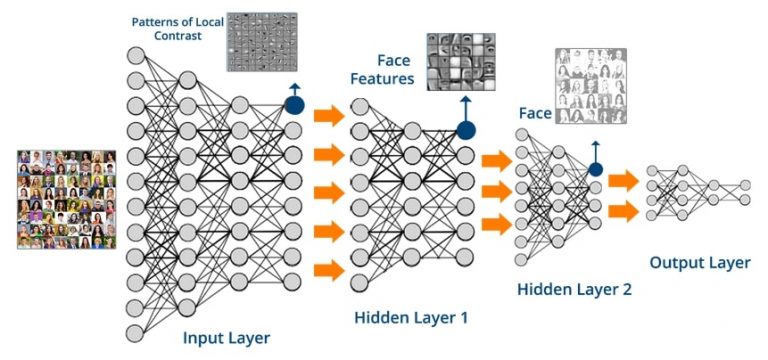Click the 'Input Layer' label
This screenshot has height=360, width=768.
[226, 338]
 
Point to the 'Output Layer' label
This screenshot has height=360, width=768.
[700, 262]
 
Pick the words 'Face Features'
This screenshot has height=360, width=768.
[396, 68]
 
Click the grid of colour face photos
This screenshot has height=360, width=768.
[66, 199]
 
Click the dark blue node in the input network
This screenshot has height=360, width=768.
[294, 105]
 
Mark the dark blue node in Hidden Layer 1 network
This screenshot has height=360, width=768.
[466, 130]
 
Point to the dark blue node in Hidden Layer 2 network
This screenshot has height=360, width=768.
[596, 169]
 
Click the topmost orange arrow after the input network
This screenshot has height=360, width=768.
[328, 116]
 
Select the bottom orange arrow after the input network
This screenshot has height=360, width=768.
[328, 268]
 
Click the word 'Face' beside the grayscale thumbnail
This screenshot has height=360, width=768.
[534, 113]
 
